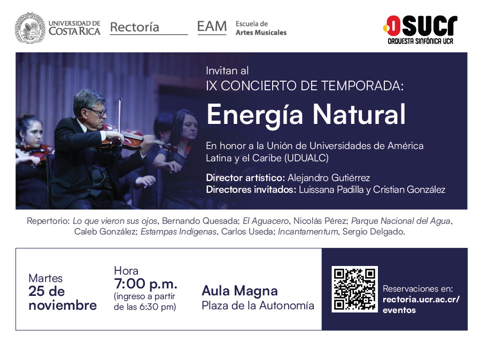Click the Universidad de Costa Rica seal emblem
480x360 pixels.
[30, 28]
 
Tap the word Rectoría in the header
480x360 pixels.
[134, 27]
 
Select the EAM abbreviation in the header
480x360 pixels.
[212, 27]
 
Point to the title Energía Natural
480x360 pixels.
[306, 114]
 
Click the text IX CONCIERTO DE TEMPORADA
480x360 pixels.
[305, 84]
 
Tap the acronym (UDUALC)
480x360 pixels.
[306, 158]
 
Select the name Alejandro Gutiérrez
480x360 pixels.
[328, 178]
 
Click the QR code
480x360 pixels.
[354, 289]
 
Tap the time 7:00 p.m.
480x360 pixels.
[145, 284]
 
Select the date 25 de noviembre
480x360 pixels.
[63, 299]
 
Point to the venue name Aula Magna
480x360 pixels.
[239, 291]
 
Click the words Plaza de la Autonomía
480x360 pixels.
[258, 306]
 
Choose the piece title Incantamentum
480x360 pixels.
[307, 231]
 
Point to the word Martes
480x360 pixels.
[45, 278]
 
